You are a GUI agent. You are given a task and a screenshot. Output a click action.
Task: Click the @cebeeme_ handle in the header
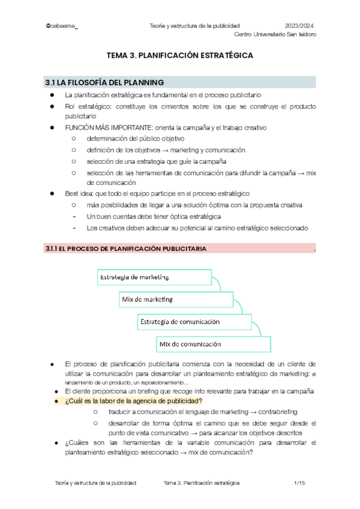pos(62,26)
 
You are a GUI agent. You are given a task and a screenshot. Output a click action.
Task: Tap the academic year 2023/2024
pos(299,26)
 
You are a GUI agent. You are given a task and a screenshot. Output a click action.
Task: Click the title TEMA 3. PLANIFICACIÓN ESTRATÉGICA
pos(179,55)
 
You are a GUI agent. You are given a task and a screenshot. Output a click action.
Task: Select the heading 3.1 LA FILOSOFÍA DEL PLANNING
pos(104,82)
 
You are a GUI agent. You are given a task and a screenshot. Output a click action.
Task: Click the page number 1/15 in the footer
pos(300,483)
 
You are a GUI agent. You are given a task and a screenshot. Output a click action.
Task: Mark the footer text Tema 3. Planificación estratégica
pos(201,483)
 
